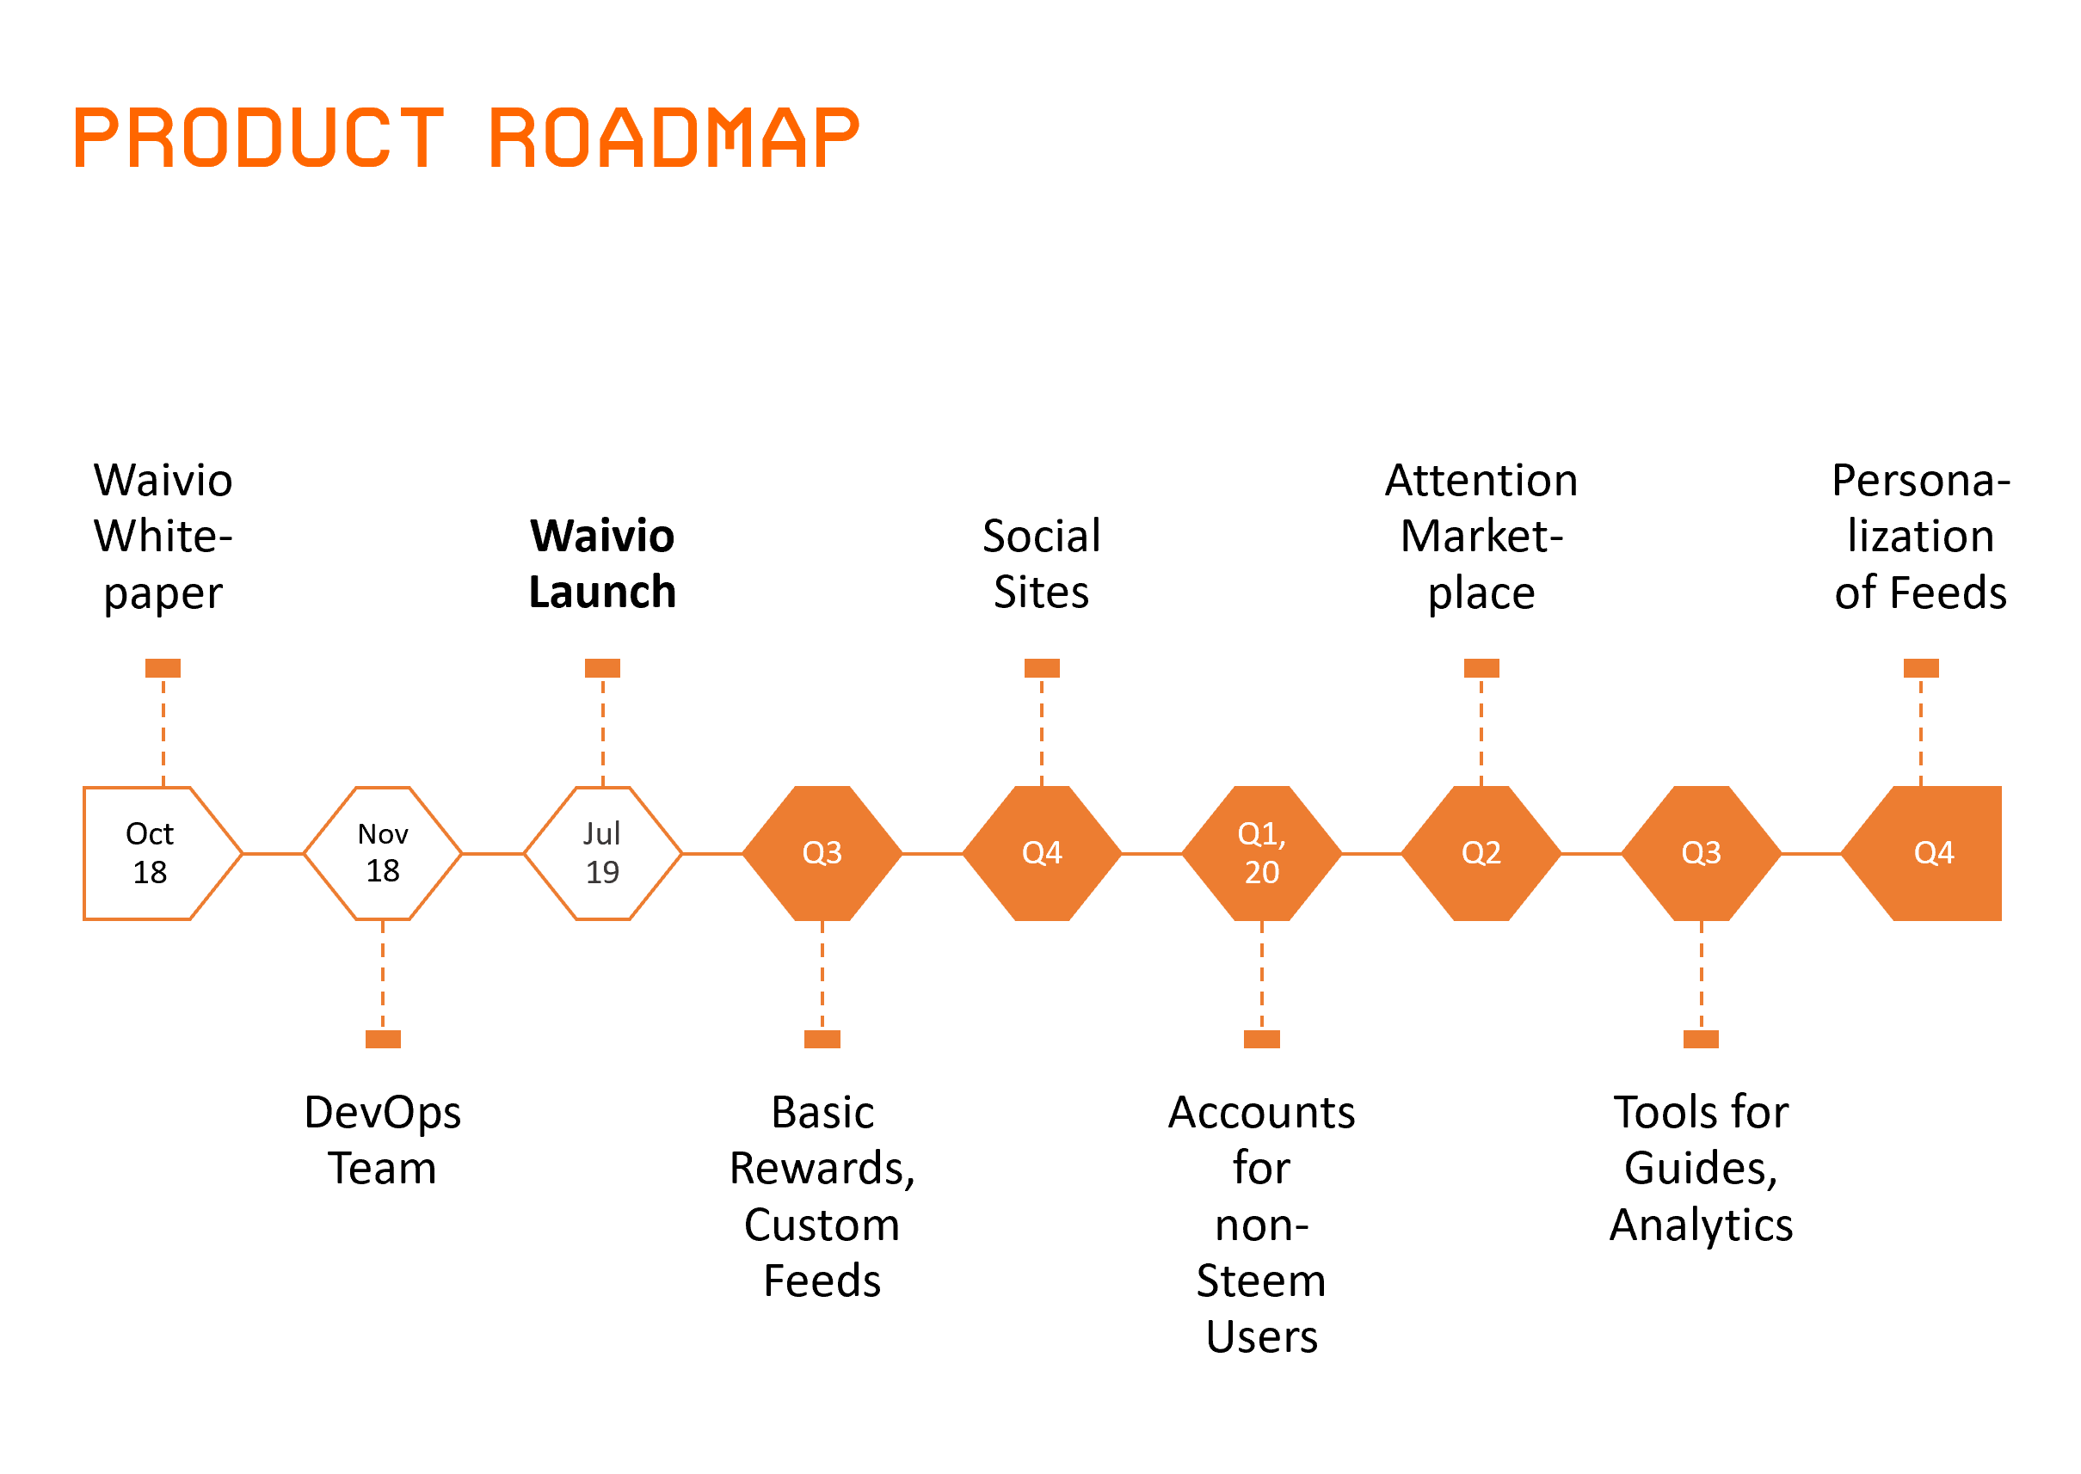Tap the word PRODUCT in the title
(x=258, y=138)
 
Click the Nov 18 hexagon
(x=382, y=853)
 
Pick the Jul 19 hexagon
(x=602, y=853)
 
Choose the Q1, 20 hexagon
(x=1261, y=853)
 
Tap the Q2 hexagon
(x=1481, y=853)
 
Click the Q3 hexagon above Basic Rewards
(x=822, y=853)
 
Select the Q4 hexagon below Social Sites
(x=1042, y=853)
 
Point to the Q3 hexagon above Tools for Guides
(x=1701, y=853)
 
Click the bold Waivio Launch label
(x=602, y=563)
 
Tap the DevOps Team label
(x=382, y=1140)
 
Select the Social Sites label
(x=1042, y=563)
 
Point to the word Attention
(x=1481, y=480)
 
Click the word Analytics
(x=1701, y=1225)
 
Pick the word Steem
(x=1261, y=1281)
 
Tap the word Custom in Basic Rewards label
(x=822, y=1225)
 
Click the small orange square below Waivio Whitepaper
(x=163, y=668)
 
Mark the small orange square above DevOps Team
(x=382, y=1039)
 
